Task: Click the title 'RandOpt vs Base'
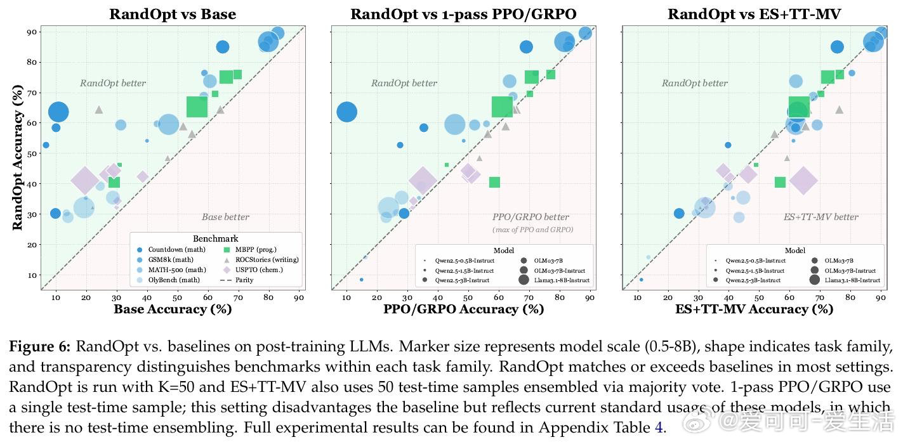point(173,14)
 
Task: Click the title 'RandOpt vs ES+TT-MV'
point(754,14)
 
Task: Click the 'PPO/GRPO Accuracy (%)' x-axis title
point(463,309)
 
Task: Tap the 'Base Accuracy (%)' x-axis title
point(173,309)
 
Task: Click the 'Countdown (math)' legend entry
point(174,250)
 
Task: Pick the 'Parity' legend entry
point(244,280)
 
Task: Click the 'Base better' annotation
point(225,217)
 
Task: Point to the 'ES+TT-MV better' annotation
point(821,217)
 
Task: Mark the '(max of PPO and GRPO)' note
point(532,229)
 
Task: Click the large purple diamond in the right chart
point(803,181)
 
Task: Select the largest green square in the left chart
point(197,107)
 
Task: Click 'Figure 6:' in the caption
point(40,347)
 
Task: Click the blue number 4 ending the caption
point(658,427)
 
